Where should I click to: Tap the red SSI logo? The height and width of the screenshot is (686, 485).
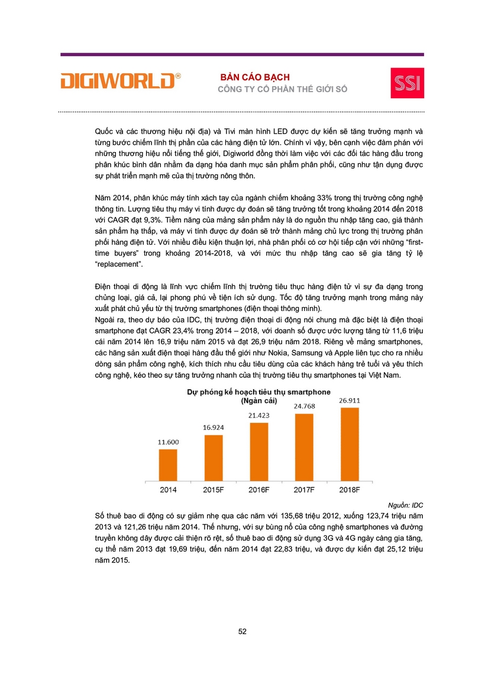pyautogui.click(x=407, y=83)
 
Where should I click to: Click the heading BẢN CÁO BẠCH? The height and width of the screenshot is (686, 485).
pyautogui.click(x=255, y=77)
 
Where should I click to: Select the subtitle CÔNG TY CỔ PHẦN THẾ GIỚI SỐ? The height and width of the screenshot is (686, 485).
pyautogui.click(x=283, y=89)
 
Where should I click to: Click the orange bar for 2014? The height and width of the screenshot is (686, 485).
pyautogui.click(x=168, y=466)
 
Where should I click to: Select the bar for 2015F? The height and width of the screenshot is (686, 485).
pyautogui.click(x=214, y=459)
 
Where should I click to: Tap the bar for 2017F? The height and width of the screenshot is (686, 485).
pyautogui.click(x=304, y=448)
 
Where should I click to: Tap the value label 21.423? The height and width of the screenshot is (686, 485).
pyautogui.click(x=259, y=416)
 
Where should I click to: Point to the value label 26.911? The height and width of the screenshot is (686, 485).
pyautogui.click(x=350, y=400)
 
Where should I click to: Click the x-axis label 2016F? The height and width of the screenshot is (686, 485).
pyautogui.click(x=259, y=490)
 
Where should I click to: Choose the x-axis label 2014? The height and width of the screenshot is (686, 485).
pyautogui.click(x=168, y=490)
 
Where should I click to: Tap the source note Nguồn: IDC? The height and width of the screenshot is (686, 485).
pyautogui.click(x=406, y=504)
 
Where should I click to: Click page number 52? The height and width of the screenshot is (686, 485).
pyautogui.click(x=242, y=631)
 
